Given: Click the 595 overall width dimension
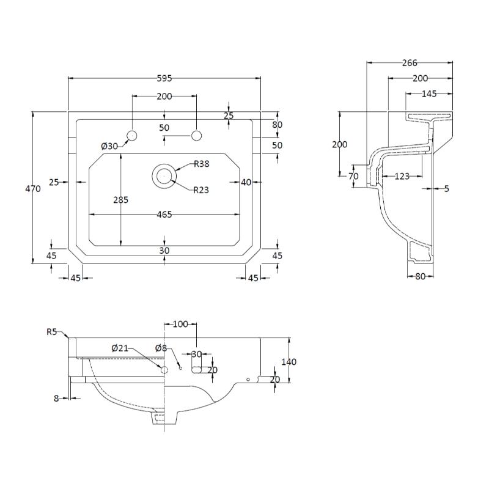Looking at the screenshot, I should pos(164,78).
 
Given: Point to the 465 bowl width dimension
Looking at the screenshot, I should pos(164,215).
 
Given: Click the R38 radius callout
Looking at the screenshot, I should pos(202,163).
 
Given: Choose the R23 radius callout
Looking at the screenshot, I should pos(201,190).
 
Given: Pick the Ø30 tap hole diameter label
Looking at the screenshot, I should pos(109,145).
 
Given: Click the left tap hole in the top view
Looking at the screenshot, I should pos(132,135).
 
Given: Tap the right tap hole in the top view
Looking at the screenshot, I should pos(196,135).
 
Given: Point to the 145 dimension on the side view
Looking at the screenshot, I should pos(429,94).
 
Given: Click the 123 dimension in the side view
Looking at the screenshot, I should pos(401,177).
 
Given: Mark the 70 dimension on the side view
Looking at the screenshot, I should pos(353,177).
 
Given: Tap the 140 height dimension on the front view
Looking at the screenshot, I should pos(289,362).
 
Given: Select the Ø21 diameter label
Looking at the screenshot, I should pos(120,348).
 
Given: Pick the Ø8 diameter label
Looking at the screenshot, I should pos(161,348).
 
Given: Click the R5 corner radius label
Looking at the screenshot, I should pos(52,332).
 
